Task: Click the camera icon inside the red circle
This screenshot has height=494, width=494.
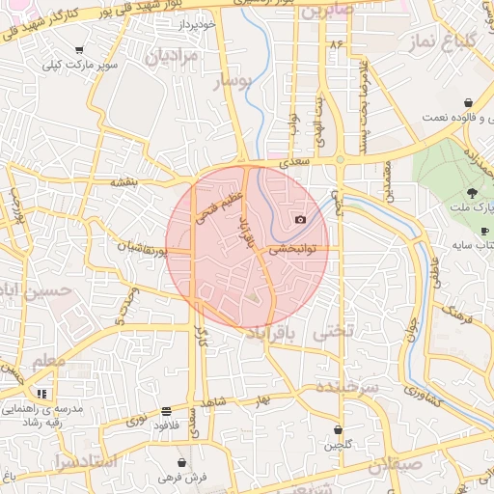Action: coord(300,220)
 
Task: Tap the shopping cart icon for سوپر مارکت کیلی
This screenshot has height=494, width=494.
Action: coord(79,50)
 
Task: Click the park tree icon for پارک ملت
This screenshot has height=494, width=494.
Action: coord(472,195)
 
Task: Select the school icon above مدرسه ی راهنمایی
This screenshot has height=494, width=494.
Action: coord(41,394)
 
